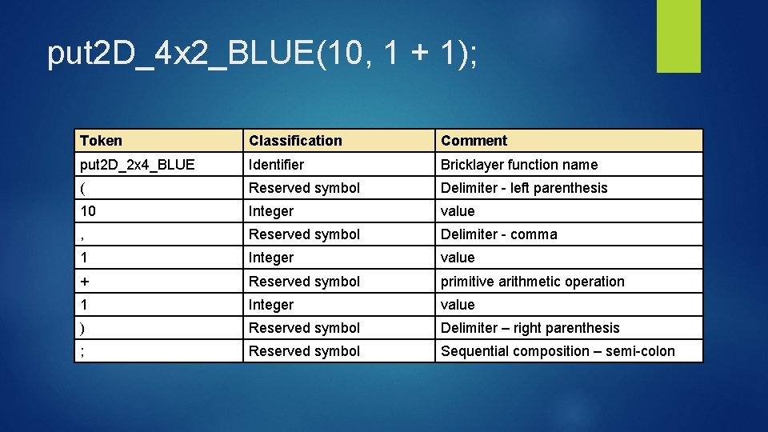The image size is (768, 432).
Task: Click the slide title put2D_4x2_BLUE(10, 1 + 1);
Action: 262,53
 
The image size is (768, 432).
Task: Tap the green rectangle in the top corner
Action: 678,35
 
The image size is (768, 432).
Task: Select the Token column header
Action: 102,141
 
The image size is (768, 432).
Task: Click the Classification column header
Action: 295,141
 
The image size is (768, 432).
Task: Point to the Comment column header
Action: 474,141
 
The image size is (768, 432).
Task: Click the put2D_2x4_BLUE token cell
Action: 137,165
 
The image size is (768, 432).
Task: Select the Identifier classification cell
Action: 277,165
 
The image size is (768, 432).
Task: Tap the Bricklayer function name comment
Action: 519,165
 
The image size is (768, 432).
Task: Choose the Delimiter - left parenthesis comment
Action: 524,188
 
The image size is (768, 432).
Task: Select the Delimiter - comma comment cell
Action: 499,234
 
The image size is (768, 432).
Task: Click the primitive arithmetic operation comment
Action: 533,282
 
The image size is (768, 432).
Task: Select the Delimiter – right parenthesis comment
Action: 530,328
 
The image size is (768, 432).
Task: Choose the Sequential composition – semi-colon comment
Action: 558,351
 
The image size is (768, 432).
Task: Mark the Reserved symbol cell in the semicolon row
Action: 304,351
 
